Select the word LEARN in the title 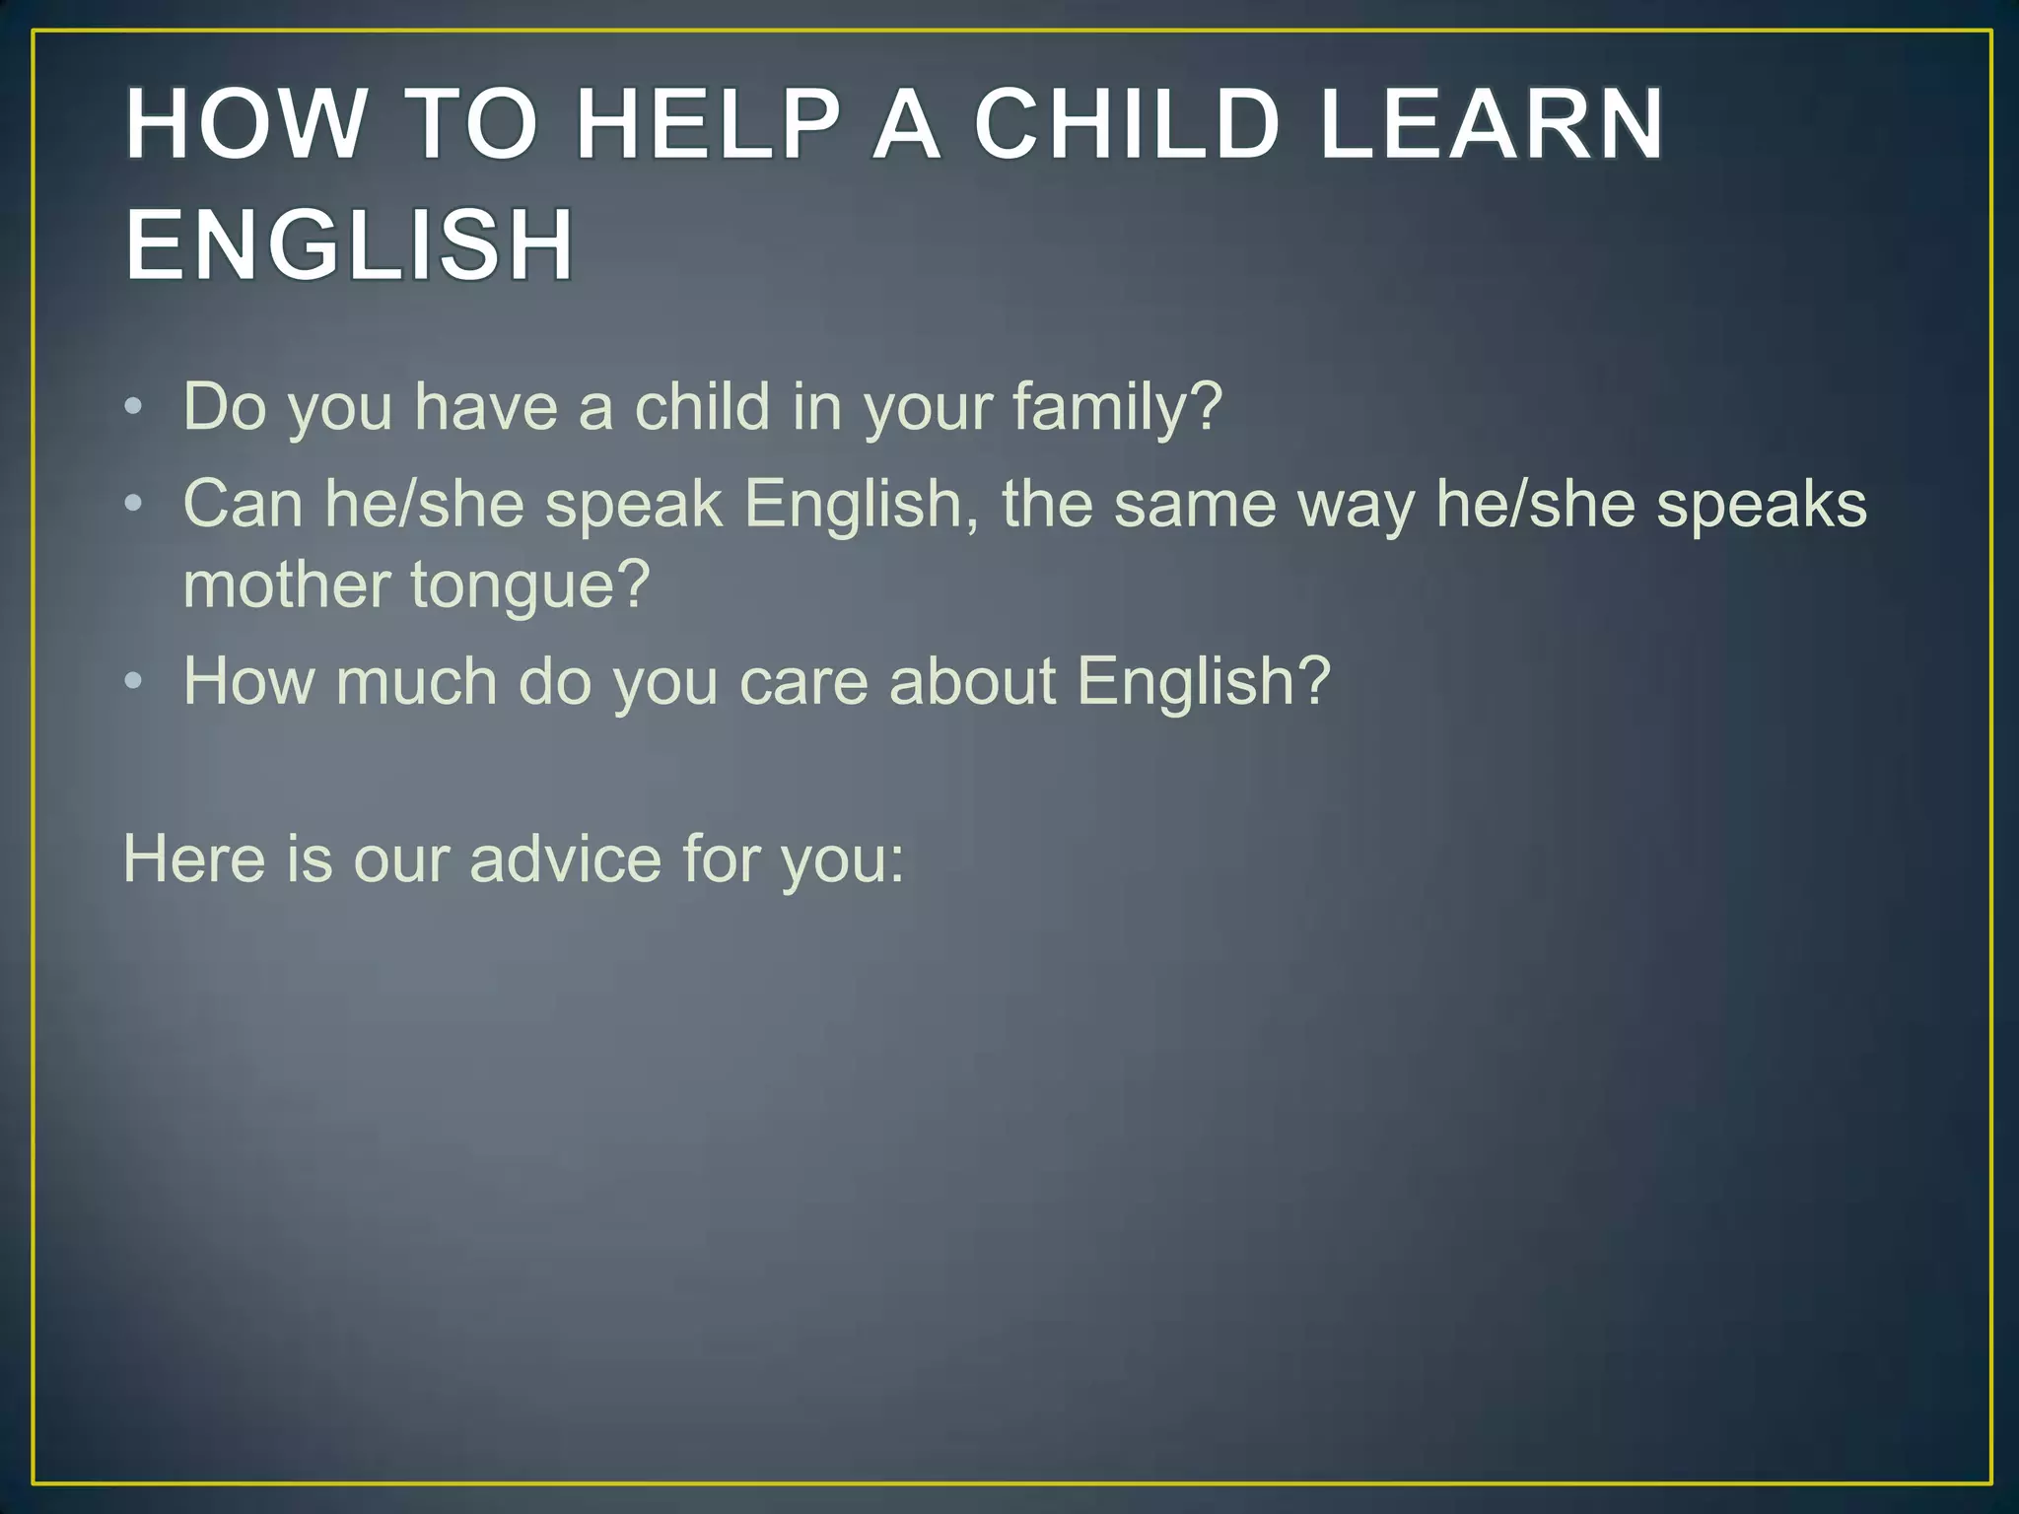pos(1491,125)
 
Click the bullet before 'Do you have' pos(134,407)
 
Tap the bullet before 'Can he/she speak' pos(134,505)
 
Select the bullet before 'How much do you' pos(134,682)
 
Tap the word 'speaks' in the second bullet pos(1761,506)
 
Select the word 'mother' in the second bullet pos(287,585)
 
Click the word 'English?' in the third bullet pos(1203,682)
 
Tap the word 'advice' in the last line pos(566,859)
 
